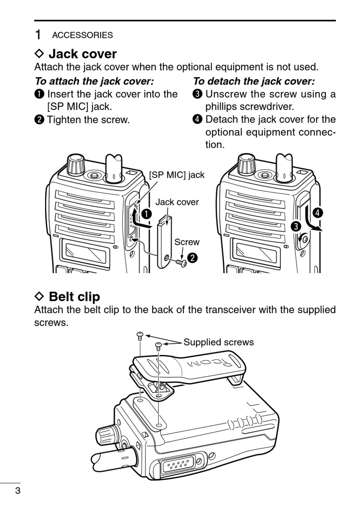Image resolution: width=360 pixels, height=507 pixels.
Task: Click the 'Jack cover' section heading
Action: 82,54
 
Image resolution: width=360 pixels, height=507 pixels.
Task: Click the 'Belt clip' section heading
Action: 74,296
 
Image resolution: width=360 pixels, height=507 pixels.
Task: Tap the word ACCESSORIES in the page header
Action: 82,35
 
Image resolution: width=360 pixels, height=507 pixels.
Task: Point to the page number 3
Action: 17,491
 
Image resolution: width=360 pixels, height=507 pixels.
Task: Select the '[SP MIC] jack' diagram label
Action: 177,175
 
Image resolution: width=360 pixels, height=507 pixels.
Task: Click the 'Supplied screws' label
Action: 219,342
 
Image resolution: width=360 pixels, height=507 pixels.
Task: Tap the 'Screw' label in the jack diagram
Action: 186,242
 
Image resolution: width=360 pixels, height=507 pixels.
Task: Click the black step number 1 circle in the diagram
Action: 146,214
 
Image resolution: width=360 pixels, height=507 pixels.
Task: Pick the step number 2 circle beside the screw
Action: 193,258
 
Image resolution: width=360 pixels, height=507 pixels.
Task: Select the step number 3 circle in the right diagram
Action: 296,227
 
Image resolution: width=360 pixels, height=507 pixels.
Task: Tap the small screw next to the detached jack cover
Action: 182,262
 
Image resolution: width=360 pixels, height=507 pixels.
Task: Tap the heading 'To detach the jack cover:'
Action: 254,81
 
